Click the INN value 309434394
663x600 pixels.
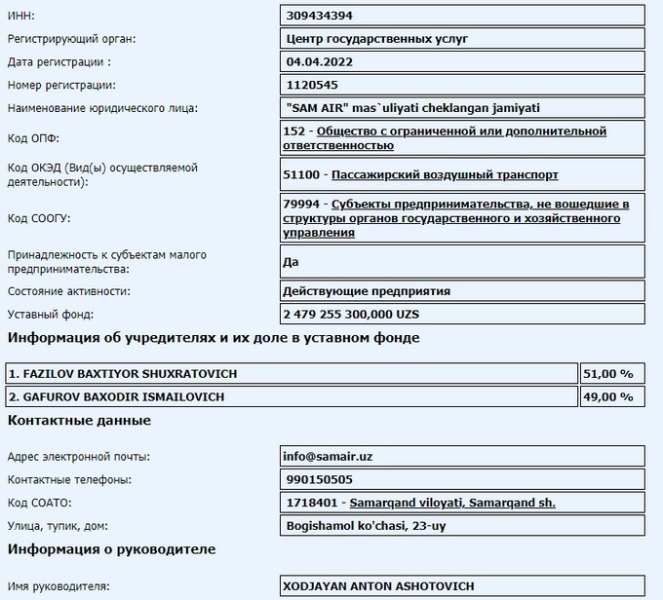click(x=320, y=16)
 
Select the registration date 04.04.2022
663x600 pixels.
click(x=320, y=61)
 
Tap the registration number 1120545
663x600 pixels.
click(x=313, y=85)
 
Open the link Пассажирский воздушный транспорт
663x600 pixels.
click(x=446, y=174)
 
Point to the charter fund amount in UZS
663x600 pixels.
click(x=350, y=315)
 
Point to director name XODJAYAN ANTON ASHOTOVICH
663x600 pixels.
click(x=377, y=587)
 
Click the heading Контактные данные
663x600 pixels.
click(x=79, y=421)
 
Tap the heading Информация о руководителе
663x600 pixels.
click(x=111, y=549)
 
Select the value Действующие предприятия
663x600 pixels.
click(x=367, y=291)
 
